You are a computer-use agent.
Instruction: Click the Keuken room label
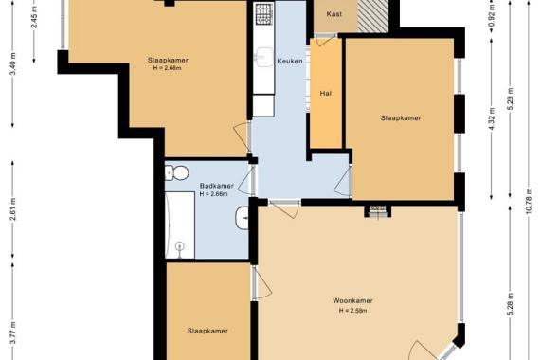click(x=290, y=61)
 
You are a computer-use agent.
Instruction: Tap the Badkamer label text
click(x=216, y=186)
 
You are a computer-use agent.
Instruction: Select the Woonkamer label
click(x=352, y=300)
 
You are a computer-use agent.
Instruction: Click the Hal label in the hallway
click(x=326, y=93)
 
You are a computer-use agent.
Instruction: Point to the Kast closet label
click(x=334, y=14)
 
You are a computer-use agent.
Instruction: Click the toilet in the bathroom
click(x=176, y=172)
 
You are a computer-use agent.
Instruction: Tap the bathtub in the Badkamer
click(x=180, y=225)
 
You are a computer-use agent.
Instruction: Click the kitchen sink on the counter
click(x=265, y=57)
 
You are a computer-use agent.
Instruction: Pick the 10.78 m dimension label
click(x=529, y=201)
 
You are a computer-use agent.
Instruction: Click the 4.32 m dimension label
click(x=492, y=119)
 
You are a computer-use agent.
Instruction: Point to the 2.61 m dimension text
click(x=12, y=209)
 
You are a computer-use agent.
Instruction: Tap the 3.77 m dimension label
click(x=12, y=333)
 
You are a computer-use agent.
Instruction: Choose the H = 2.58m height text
click(x=352, y=311)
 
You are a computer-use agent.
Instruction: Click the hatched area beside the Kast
click(x=373, y=16)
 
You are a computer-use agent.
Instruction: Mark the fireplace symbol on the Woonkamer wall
click(x=378, y=211)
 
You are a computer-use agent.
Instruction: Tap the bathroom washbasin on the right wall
click(x=243, y=218)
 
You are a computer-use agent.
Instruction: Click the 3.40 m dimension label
click(x=12, y=64)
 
